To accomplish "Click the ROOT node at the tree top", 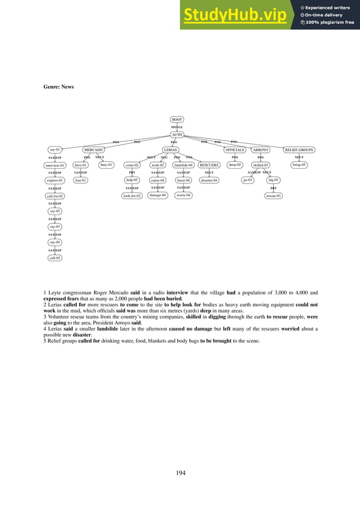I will pyautogui.click(x=177, y=120).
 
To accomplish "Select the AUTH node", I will pyautogui.click(x=177, y=135).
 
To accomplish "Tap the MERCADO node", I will pyautogui.click(x=93, y=150).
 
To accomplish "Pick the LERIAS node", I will pyautogui.click(x=170, y=150).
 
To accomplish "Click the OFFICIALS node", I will pyautogui.click(x=235, y=150).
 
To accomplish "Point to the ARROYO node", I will pyautogui.click(x=260, y=150).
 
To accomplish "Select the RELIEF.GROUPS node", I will pyautogui.click(x=299, y=150).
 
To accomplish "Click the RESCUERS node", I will pyautogui.click(x=209, y=165).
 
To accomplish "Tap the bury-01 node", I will pyautogui.click(x=106, y=165).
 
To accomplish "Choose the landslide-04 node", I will pyautogui.click(x=183, y=165).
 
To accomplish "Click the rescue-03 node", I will pyautogui.click(x=274, y=196).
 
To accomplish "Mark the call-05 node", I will pyautogui.click(x=55, y=257).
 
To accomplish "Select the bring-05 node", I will pyautogui.click(x=299, y=165).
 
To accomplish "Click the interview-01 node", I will pyautogui.click(x=55, y=165).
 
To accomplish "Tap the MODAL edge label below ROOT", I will pyautogui.click(x=177, y=128).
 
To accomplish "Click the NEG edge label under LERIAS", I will pyautogui.click(x=164, y=157).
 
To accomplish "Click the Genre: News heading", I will pyautogui.click(x=59, y=87).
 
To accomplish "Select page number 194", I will pyautogui.click(x=180, y=473).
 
